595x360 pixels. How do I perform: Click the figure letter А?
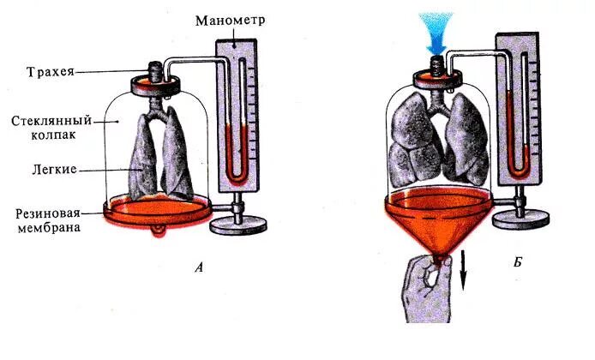pyautogui.click(x=199, y=267)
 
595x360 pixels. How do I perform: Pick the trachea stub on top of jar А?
pyautogui.click(x=156, y=68)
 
